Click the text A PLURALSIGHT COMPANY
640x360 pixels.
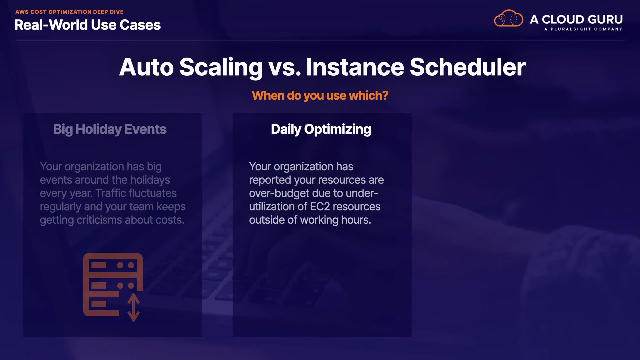(583, 29)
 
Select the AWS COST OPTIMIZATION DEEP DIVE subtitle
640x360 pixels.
(69, 12)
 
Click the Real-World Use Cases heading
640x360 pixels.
(88, 25)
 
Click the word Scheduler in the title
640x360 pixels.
(468, 67)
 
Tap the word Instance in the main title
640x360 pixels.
(355, 67)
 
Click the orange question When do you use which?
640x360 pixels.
(320, 96)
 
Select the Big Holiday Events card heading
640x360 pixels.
(110, 129)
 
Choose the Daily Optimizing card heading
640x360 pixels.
(321, 129)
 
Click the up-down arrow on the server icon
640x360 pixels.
(134, 307)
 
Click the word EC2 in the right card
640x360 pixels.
(320, 207)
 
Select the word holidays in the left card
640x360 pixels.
(150, 180)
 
